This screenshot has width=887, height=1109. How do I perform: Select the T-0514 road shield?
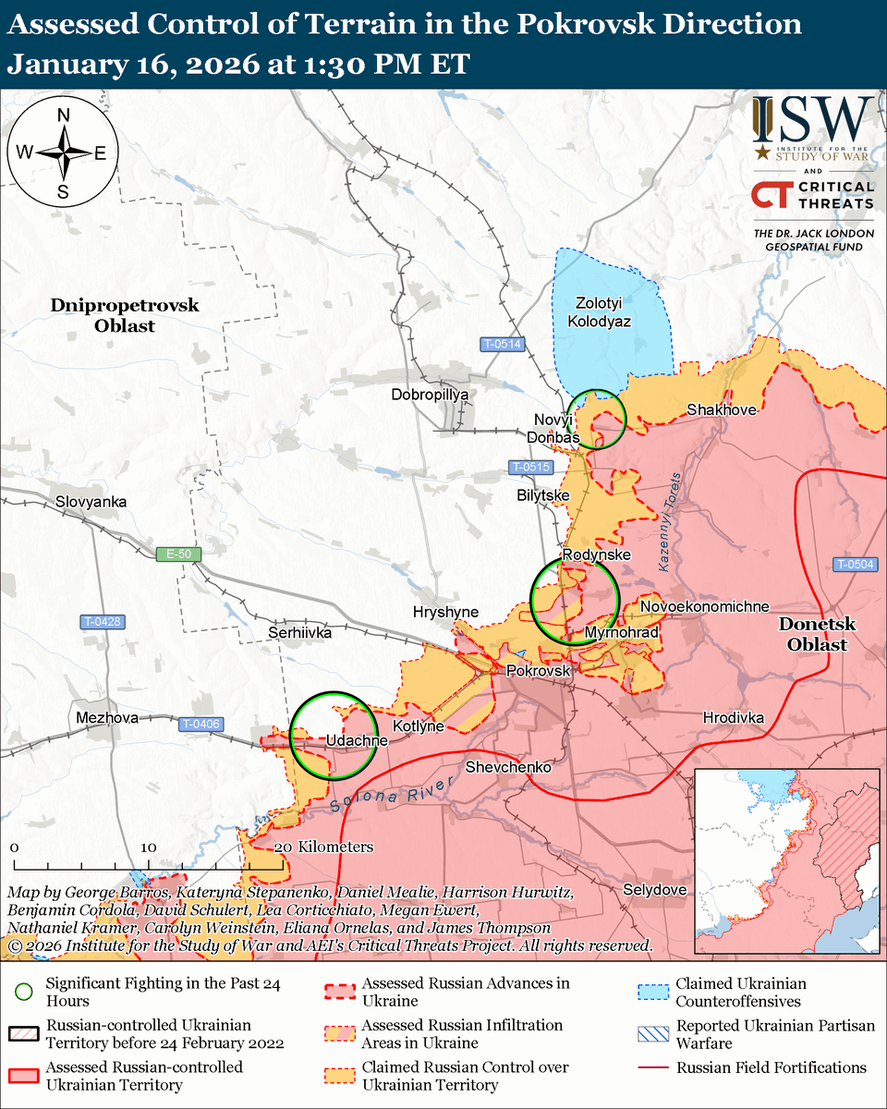(502, 344)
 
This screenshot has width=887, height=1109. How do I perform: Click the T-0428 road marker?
(102, 621)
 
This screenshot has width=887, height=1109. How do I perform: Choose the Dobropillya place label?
(431, 395)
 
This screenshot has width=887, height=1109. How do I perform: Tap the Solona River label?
(393, 794)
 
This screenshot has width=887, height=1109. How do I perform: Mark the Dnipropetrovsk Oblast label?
(125, 315)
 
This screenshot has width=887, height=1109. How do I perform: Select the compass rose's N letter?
(64, 116)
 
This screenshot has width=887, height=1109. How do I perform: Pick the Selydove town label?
(654, 889)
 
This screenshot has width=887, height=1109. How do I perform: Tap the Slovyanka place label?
(91, 502)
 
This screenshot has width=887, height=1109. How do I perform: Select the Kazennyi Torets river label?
(668, 518)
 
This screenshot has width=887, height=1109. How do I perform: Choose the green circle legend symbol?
(25, 993)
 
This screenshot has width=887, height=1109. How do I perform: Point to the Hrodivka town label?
(734, 717)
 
